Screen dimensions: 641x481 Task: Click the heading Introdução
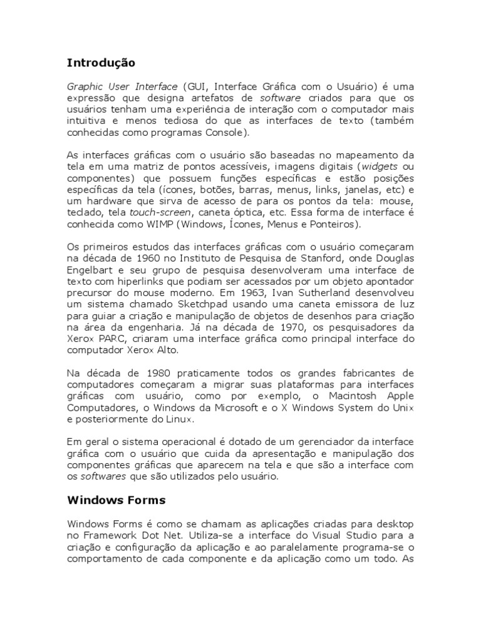pos(100,63)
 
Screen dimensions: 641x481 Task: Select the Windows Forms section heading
pos(116,500)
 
